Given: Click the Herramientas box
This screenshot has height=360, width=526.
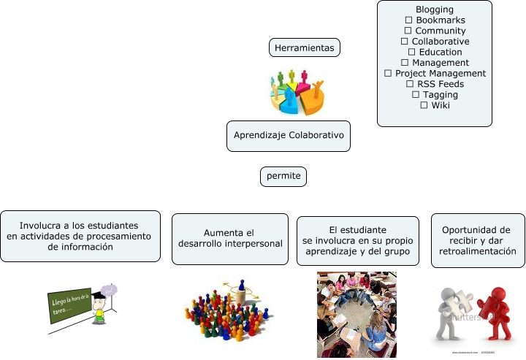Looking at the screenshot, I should [305, 48].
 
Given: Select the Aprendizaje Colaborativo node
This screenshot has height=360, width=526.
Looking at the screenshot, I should [289, 136].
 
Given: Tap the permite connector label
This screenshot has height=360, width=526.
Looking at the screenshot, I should [283, 177].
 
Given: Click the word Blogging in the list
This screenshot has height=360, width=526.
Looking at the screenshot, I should [435, 9].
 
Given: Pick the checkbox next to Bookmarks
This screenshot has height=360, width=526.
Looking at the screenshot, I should [408, 20].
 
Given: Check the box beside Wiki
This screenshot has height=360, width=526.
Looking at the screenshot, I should [424, 105].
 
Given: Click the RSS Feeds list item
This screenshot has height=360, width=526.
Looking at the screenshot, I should [440, 84].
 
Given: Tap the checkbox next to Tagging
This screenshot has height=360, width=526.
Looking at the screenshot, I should [416, 94].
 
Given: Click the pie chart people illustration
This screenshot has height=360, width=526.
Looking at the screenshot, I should [297, 93].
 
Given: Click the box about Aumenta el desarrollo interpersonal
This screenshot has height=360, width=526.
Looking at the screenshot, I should [230, 237].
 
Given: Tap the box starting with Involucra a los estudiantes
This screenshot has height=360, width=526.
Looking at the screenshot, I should [80, 236].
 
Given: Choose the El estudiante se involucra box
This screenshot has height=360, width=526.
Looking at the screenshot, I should [358, 240].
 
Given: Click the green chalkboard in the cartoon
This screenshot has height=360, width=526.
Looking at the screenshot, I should [70, 305].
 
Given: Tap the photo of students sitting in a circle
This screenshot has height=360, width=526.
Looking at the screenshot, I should [357, 314].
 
